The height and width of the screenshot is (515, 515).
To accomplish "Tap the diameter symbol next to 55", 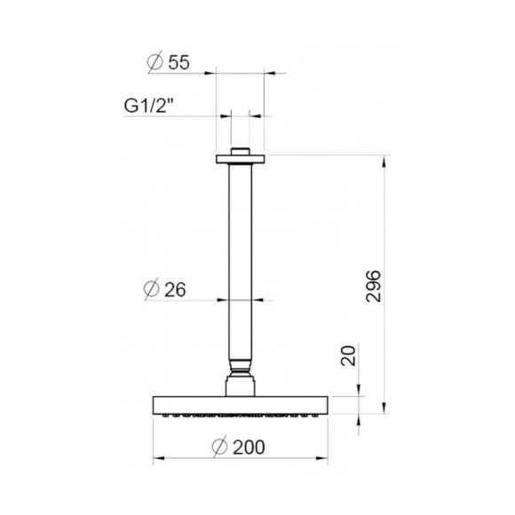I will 153,63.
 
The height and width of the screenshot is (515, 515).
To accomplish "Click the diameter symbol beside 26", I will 152,289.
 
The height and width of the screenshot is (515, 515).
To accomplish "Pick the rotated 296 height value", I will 373,285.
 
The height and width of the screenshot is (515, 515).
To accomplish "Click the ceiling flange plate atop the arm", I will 241,160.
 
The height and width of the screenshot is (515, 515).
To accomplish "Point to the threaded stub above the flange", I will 241,151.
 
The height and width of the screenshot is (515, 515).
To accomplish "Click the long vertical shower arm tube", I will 241,257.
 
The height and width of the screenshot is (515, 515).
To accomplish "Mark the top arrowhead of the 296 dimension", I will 384,162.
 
